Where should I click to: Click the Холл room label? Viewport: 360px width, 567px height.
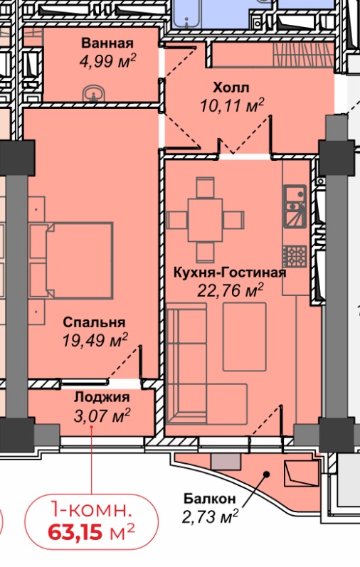point(231,88)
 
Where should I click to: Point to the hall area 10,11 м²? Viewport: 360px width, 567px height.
point(232,107)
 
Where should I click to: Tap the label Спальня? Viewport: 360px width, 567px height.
point(94,321)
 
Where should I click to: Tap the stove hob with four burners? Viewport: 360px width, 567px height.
point(293,255)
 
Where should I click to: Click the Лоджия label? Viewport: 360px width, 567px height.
point(102,398)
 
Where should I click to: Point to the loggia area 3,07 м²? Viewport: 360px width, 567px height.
point(102,415)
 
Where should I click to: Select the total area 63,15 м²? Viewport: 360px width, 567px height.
point(92,531)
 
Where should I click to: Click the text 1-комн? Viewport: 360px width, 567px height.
point(90,509)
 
